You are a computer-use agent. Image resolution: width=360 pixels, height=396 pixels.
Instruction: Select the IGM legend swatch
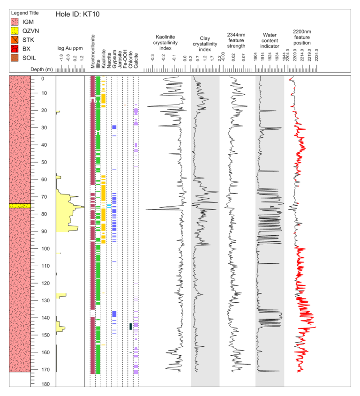click(15, 22)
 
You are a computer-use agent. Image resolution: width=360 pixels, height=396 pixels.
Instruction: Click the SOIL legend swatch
click(15, 58)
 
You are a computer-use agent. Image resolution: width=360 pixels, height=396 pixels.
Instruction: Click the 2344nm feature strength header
click(236, 41)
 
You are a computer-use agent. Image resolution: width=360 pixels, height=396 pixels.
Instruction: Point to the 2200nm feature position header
click(302, 37)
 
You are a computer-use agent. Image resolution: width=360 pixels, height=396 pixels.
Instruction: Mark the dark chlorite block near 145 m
click(130, 326)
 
